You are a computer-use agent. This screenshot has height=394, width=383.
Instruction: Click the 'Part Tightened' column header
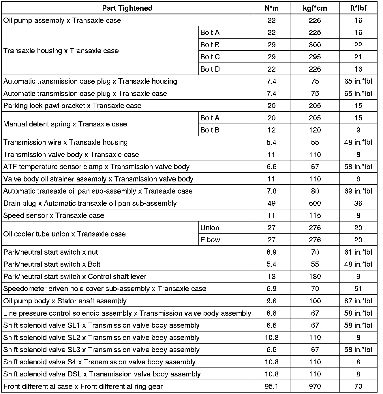pyautogui.click(x=127, y=8)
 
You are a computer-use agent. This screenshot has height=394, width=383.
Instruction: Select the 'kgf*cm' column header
pyautogui.click(x=315, y=8)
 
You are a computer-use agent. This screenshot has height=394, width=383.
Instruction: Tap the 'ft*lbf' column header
pyautogui.click(x=358, y=8)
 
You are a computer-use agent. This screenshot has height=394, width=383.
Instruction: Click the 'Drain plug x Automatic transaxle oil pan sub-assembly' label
pyautogui.click(x=90, y=204)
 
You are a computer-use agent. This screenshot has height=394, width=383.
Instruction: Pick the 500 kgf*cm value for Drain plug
pyautogui.click(x=315, y=204)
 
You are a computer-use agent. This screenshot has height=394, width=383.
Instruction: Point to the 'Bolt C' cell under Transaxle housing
pyautogui.click(x=210, y=57)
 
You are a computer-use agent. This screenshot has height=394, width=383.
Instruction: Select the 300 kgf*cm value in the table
pyautogui.click(x=315, y=45)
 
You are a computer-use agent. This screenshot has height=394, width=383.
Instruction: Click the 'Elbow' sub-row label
pyautogui.click(x=210, y=240)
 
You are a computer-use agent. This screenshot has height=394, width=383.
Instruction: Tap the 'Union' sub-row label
pyautogui.click(x=210, y=228)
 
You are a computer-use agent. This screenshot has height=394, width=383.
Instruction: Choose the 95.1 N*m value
pyautogui.click(x=271, y=387)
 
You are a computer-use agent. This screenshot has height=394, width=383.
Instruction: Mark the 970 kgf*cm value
pyautogui.click(x=315, y=387)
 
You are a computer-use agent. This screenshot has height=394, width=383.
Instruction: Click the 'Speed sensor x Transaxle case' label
pyautogui.click(x=54, y=216)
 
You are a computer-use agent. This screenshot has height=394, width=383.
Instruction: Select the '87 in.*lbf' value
pyautogui.click(x=358, y=301)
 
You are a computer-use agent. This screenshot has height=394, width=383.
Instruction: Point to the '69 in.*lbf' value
pyautogui.click(x=358, y=191)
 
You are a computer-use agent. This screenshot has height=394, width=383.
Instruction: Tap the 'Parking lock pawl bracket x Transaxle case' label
pyautogui.click(x=72, y=106)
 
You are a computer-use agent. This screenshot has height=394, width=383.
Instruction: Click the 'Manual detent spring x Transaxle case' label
pyautogui.click(x=65, y=124)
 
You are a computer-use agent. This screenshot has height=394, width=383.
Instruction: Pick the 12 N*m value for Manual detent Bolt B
pyautogui.click(x=271, y=130)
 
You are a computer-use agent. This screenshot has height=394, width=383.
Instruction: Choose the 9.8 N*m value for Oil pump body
pyautogui.click(x=271, y=301)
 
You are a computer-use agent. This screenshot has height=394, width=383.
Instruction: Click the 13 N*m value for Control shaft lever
pyautogui.click(x=271, y=277)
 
